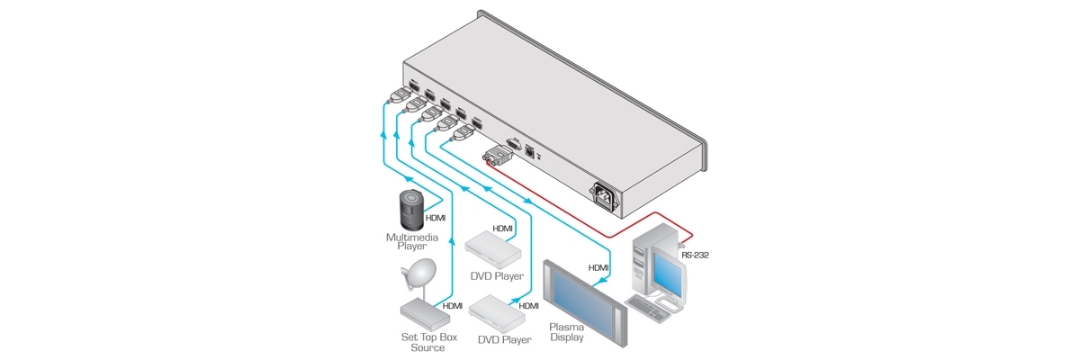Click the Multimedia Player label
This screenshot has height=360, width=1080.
pos(406,240)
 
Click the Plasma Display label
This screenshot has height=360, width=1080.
pos(569,332)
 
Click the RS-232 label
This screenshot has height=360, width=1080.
pos(695,256)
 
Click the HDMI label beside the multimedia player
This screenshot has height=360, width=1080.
pos(436,218)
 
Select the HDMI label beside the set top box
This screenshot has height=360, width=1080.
pos(453,306)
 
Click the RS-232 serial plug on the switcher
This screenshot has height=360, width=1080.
pos(497,157)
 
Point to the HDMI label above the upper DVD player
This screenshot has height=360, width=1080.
pos(502,229)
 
